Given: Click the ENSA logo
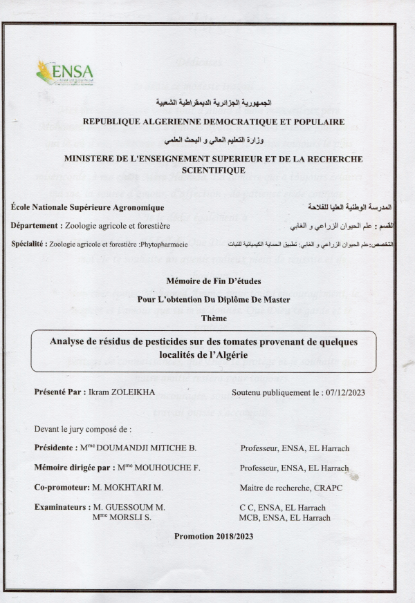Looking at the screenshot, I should pos(64,72).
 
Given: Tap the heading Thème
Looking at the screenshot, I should pos(213,317).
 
